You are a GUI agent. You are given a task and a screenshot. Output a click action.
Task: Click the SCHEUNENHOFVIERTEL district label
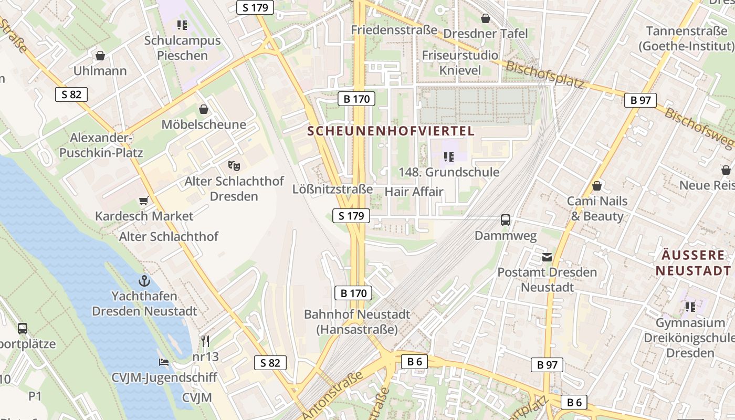pyautogui.click(x=391, y=131)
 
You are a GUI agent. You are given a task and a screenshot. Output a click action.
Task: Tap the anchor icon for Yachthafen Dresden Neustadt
pyautogui.click(x=144, y=280)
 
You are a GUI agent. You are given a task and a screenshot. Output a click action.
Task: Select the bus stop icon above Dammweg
pyautogui.click(x=506, y=220)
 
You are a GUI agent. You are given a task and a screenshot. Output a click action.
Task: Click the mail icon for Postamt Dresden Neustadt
pyautogui.click(x=547, y=257)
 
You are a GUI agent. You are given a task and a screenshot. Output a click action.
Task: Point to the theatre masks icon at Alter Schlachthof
pyautogui.click(x=234, y=165)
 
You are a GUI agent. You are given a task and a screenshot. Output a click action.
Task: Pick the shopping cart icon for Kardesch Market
pyautogui.click(x=143, y=201)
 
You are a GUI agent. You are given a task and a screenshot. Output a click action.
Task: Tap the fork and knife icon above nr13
pyautogui.click(x=205, y=341)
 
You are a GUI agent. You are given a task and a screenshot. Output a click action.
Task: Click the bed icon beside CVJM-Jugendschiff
pyautogui.click(x=164, y=362)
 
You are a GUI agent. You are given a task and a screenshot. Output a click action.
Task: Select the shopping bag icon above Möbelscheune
pyautogui.click(x=204, y=109)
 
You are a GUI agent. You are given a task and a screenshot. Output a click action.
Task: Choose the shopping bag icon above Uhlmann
pyautogui.click(x=100, y=55)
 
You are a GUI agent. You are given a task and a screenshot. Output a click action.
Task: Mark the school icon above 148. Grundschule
pyautogui.click(x=448, y=156)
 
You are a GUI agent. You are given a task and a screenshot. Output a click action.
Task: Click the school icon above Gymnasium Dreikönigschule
pyautogui.click(x=690, y=307)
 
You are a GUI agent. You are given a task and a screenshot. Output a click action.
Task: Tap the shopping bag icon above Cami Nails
pyautogui.click(x=596, y=186)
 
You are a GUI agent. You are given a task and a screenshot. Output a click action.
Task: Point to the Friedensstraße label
pyautogui.click(x=394, y=29)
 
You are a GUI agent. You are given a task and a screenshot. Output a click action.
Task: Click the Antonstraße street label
pyautogui.click(x=333, y=395)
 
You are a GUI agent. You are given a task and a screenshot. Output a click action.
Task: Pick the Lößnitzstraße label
pyautogui.click(x=332, y=189)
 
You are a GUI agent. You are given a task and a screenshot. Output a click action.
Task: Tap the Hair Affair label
pyautogui.click(x=414, y=192)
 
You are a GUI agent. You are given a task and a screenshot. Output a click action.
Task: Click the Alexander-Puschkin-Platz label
pyautogui.click(x=101, y=145)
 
